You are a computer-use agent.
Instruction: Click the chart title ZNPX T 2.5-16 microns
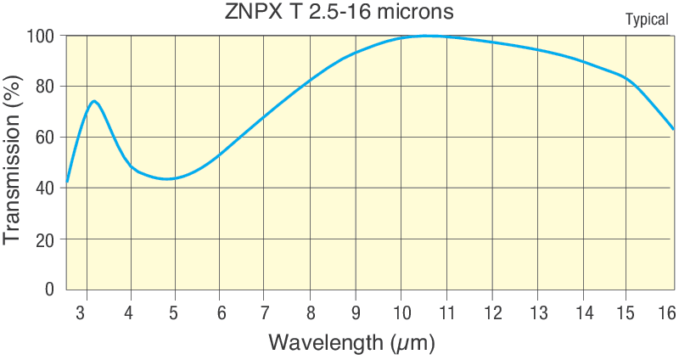click(339, 13)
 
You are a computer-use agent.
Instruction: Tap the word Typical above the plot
click(647, 20)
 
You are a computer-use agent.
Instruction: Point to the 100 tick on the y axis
click(40, 37)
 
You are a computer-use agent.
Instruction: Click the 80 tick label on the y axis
click(43, 87)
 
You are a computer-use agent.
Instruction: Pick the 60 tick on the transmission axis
click(43, 138)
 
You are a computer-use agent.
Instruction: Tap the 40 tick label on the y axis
click(43, 188)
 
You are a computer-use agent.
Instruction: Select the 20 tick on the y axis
click(43, 239)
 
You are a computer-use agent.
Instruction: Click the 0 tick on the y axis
click(49, 290)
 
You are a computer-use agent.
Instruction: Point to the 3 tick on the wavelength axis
click(81, 312)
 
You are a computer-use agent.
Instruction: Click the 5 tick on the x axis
click(174, 312)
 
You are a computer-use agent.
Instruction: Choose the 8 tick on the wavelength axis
click(310, 312)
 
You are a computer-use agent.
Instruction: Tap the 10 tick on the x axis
click(400, 312)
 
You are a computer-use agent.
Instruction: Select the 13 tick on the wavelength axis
click(536, 312)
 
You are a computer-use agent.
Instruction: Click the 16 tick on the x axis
click(667, 312)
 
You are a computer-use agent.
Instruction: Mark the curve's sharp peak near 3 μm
click(94, 101)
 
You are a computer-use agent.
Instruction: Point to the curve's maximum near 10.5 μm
click(426, 36)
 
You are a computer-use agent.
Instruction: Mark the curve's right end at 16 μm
click(673, 129)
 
